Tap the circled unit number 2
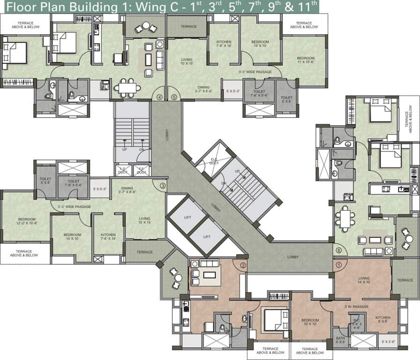pyautogui.click(x=243, y=265)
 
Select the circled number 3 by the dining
pyautogui.click(x=162, y=186)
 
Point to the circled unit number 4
pyautogui.click(x=160, y=97)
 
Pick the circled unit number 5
pyautogui.click(x=174, y=97)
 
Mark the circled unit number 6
pyautogui.click(x=339, y=250)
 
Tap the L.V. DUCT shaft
pyautogui.click(x=123, y=170)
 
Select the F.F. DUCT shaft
pyautogui.click(x=142, y=170)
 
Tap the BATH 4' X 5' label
pyautogui.click(x=339, y=340)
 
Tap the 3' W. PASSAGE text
pyautogui.click(x=356, y=307)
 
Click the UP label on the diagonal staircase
pyautogui.click(x=238, y=172)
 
